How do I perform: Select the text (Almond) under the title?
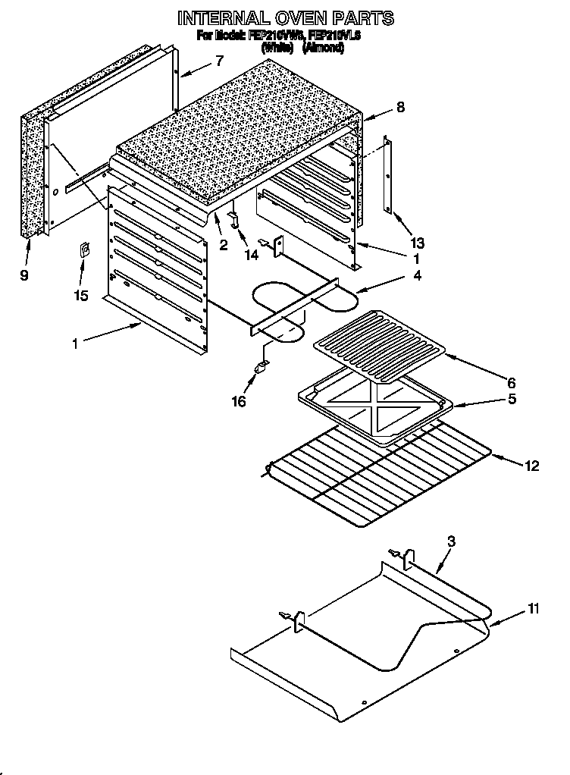[x=324, y=48]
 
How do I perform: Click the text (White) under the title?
[x=277, y=48]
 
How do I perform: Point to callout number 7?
[x=219, y=61]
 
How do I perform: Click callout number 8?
[x=400, y=108]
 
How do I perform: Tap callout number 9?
[x=24, y=276]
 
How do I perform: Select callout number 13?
[x=416, y=243]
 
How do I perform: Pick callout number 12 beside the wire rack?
[x=531, y=466]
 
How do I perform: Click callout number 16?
[x=239, y=401]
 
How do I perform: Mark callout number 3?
[x=451, y=541]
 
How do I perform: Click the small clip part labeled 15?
[x=86, y=251]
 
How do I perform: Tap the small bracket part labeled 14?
[x=235, y=218]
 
